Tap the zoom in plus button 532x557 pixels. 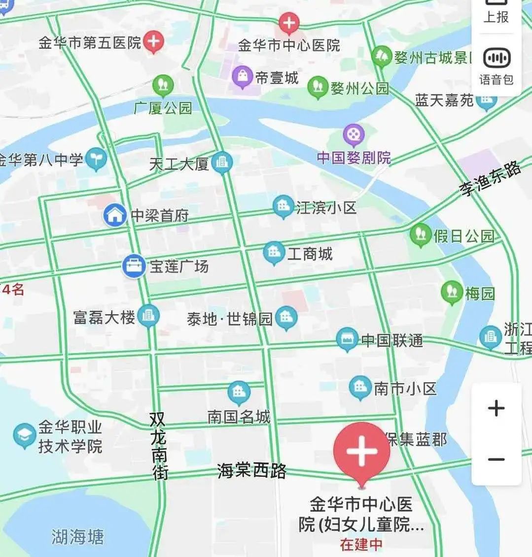point(496,408)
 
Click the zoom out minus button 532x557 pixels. point(496,459)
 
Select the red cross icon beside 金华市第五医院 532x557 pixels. point(154,42)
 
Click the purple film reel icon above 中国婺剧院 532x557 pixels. point(354,134)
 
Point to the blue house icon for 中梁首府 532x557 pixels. point(115,215)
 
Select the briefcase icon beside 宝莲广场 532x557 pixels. point(133,266)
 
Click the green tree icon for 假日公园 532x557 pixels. point(421,235)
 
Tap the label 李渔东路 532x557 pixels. point(490,179)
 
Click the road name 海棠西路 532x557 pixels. point(251,470)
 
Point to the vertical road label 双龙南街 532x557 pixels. point(159,445)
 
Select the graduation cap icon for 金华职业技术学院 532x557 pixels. point(24,435)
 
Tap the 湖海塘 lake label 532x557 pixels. point(78,536)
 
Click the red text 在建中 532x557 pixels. point(361,545)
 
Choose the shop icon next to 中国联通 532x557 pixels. point(347,339)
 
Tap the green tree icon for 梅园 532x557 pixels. point(452,292)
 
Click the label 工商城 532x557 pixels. point(310,254)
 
